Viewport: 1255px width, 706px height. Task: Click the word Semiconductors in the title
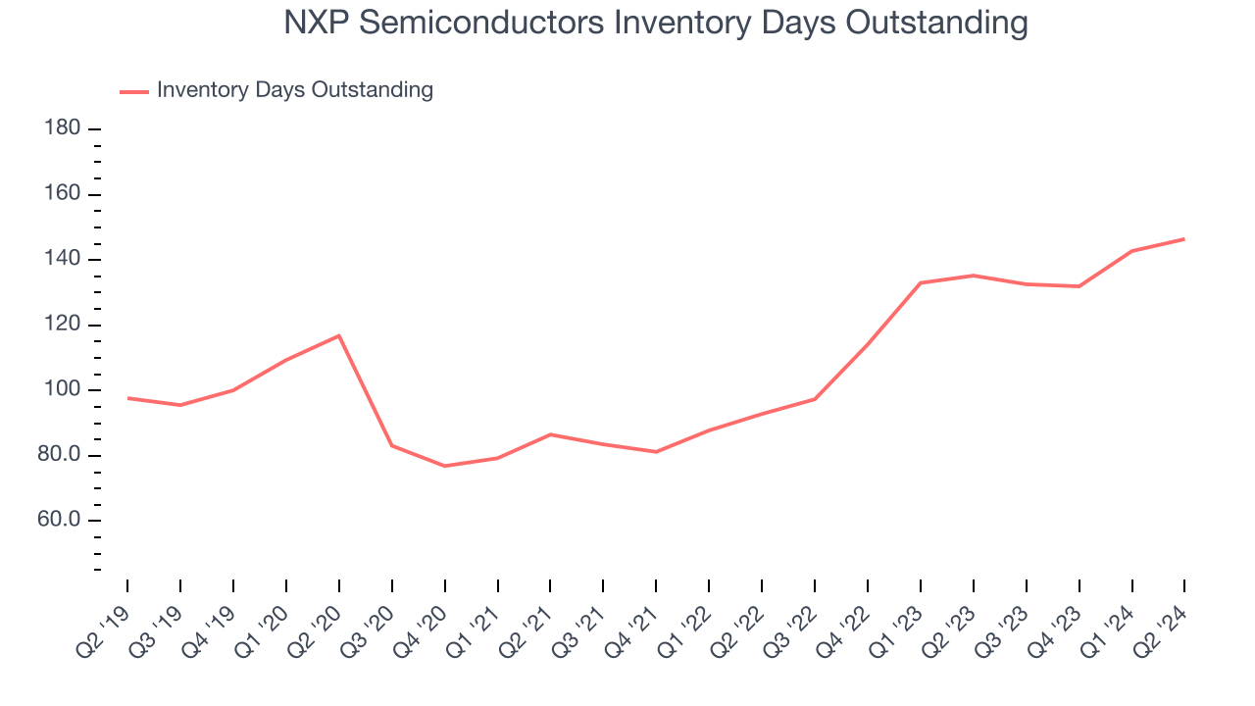click(478, 23)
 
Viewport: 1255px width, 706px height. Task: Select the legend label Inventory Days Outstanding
click(294, 90)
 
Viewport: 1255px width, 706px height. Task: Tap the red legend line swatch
click(133, 91)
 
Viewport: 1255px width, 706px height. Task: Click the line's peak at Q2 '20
click(339, 336)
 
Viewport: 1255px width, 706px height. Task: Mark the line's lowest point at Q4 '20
click(445, 466)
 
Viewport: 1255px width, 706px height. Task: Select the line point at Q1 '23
click(921, 283)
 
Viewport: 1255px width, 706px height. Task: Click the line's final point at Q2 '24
click(1184, 239)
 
